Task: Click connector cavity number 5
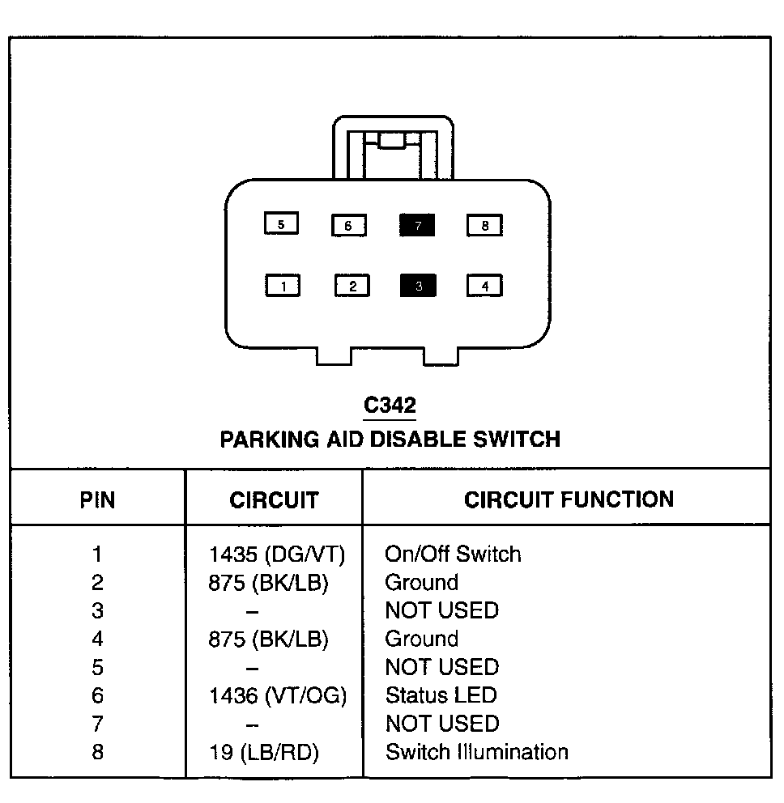(281, 223)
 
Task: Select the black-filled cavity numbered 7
(417, 225)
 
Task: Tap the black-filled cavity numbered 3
(418, 286)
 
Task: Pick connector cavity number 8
(485, 225)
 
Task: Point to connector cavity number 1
(283, 286)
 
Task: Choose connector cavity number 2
(352, 286)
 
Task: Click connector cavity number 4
(485, 286)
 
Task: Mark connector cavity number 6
(349, 225)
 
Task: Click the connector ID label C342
(390, 406)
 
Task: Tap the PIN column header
(97, 499)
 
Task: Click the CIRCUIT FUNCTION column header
(569, 499)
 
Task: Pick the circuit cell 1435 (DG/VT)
(277, 554)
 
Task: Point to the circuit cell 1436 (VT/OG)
(278, 696)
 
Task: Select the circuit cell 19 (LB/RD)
(264, 752)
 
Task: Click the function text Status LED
(441, 695)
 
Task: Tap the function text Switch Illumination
(477, 752)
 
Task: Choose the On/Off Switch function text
(453, 554)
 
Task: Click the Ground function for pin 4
(422, 639)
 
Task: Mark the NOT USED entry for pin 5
(442, 667)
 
